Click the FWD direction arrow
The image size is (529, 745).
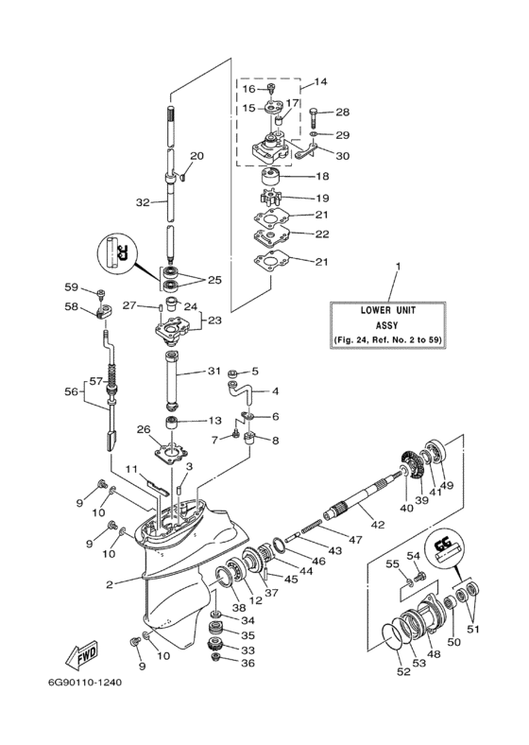tap(80, 654)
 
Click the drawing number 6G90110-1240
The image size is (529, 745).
tap(85, 683)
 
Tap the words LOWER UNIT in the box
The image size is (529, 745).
tap(388, 310)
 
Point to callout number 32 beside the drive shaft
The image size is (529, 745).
tap(143, 202)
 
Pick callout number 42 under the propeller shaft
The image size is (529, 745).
tap(378, 525)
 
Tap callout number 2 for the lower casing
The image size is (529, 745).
tap(110, 584)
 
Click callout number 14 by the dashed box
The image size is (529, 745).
tap(320, 81)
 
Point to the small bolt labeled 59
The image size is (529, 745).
tap(101, 294)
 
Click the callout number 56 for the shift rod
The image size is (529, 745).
tap(71, 391)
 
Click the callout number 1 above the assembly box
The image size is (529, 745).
tap(398, 267)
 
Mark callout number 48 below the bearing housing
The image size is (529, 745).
tap(434, 654)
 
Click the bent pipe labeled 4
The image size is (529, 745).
tap(241, 390)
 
